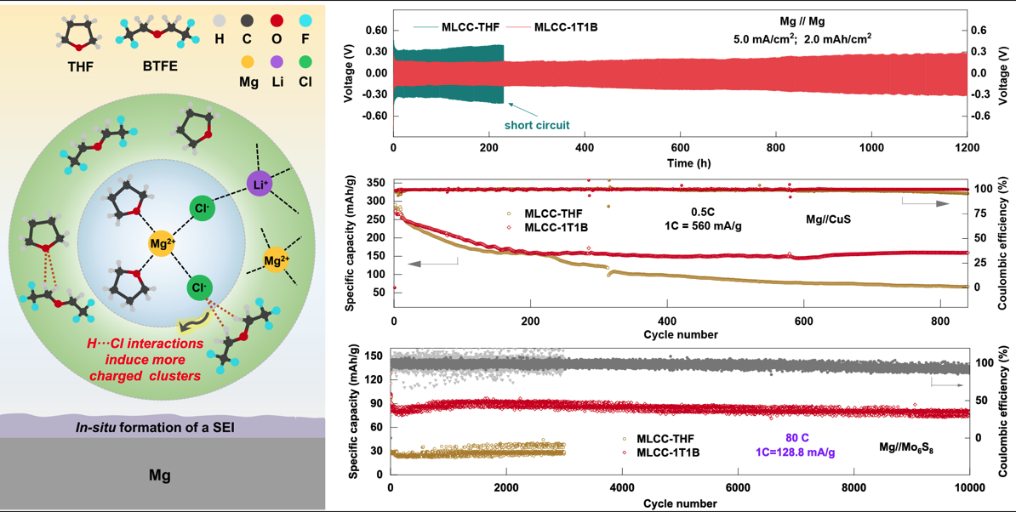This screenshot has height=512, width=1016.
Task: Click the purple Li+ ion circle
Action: pos(260,183)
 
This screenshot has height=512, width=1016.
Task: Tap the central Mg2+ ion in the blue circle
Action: pos(162,244)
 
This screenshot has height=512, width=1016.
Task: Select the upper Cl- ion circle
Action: pos(202,208)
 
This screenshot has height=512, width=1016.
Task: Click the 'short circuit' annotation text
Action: pos(537,125)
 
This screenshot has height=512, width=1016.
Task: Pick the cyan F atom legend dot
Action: pos(305,20)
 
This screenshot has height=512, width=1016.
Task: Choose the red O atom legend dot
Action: pos(277,20)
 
